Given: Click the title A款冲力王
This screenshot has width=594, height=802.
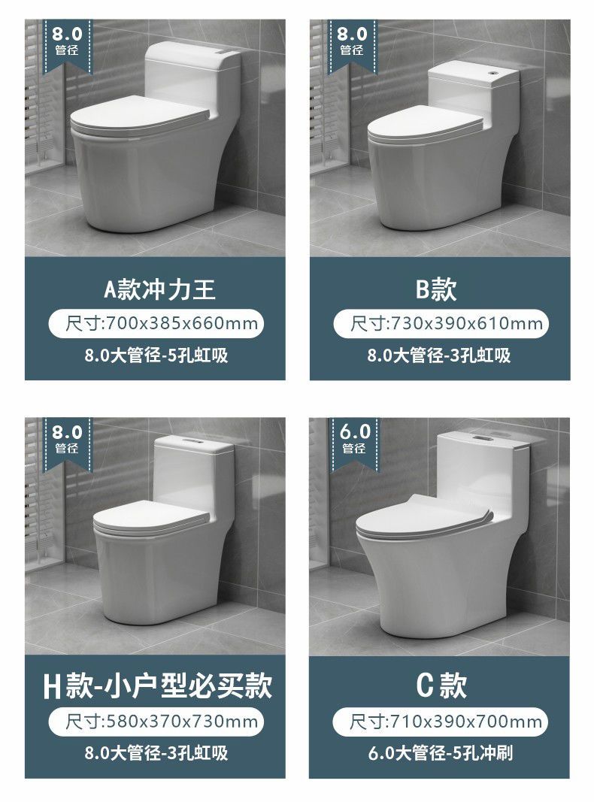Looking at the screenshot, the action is pyautogui.click(x=159, y=289).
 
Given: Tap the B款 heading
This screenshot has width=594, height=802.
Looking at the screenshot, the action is pyautogui.click(x=436, y=289).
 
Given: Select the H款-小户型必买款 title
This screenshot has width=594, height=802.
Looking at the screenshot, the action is pyautogui.click(x=158, y=686).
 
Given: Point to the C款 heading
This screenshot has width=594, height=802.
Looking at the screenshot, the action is pyautogui.click(x=441, y=685).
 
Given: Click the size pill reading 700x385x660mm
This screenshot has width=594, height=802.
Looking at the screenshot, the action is pyautogui.click(x=156, y=323).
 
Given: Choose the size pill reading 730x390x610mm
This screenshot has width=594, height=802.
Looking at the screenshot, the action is pyautogui.click(x=441, y=323).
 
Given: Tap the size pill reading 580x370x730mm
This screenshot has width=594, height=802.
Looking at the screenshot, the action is pyautogui.click(x=156, y=721).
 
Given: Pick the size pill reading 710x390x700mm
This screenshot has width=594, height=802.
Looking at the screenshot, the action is pyautogui.click(x=441, y=722).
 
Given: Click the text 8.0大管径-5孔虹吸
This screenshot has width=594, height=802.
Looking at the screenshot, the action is pyautogui.click(x=156, y=355).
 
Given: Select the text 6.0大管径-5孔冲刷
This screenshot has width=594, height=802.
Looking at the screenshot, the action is pyautogui.click(x=441, y=753).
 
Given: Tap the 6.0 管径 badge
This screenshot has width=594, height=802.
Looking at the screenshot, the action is pyautogui.click(x=354, y=441).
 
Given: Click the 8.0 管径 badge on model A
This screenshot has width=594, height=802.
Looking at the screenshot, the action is pyautogui.click(x=68, y=44).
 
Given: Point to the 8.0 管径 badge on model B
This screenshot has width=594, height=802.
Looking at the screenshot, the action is pyautogui.click(x=352, y=44).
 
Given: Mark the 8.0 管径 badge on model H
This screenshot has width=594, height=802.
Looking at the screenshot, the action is pyautogui.click(x=68, y=442).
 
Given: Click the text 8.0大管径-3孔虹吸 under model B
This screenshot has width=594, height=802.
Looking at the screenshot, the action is pyautogui.click(x=439, y=355).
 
